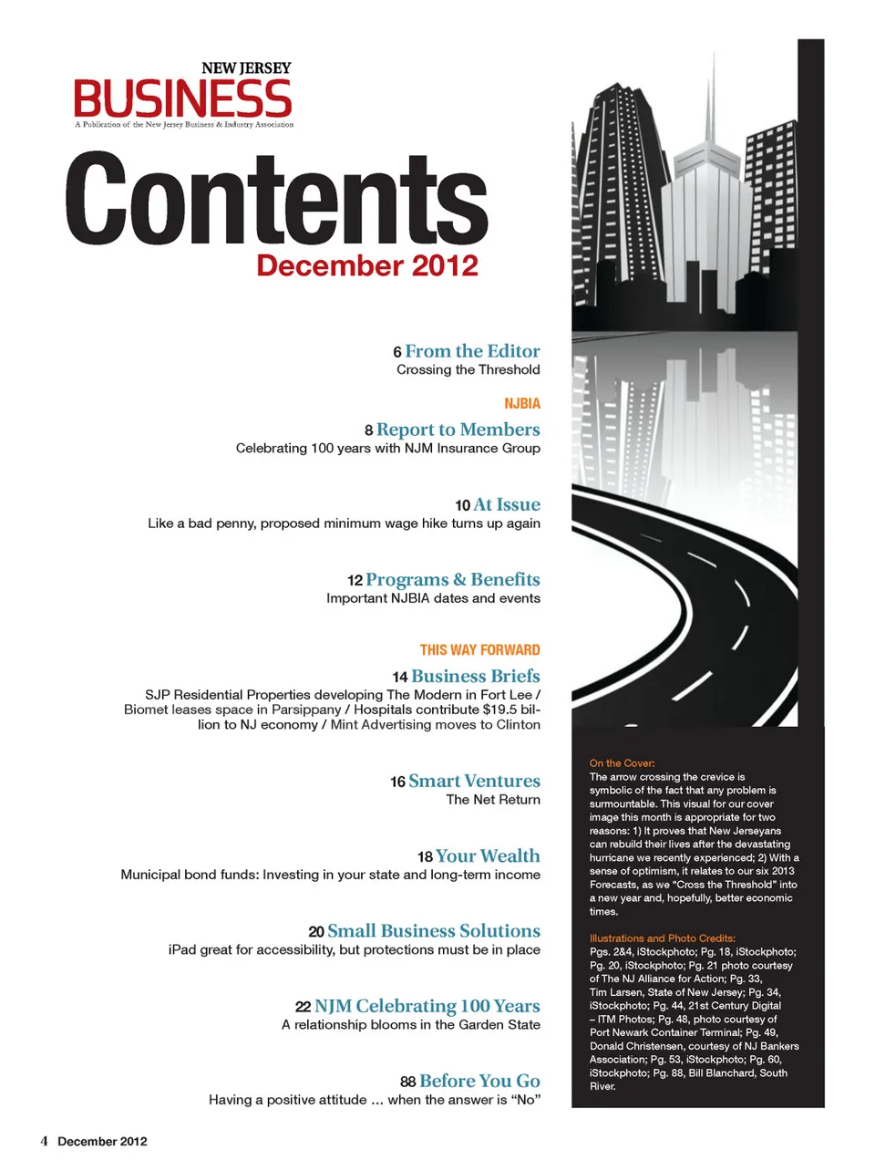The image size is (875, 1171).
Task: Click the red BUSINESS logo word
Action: [182, 98]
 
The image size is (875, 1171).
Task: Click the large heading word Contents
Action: [277, 199]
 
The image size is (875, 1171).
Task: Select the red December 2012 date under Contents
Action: [366, 265]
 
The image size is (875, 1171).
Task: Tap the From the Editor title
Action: [472, 351]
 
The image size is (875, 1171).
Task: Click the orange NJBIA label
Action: [521, 403]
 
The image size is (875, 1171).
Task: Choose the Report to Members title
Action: [458, 430]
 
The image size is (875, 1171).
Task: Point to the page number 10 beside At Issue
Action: [462, 505]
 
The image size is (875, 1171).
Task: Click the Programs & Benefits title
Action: [452, 580]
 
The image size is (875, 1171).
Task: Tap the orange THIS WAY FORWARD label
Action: [479, 650]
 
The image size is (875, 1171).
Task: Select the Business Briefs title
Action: [475, 677]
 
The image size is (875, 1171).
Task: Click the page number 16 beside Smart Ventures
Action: [397, 782]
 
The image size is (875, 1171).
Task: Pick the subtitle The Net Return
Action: [492, 800]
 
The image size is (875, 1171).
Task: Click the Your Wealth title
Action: [488, 856]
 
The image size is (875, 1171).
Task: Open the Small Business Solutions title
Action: [433, 931]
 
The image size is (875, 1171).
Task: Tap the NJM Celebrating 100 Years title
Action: [427, 1006]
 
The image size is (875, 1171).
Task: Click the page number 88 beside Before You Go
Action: [407, 1082]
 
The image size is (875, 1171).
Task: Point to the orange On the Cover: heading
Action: [622, 763]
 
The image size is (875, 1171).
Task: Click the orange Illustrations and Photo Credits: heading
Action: [662, 938]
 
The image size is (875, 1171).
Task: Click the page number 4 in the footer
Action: [44, 1141]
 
